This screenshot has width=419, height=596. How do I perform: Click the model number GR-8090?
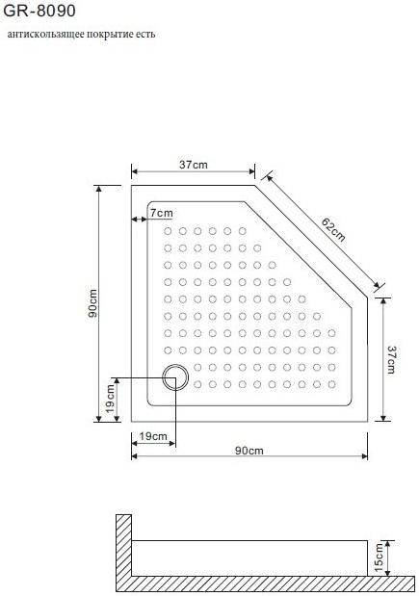tap(35, 11)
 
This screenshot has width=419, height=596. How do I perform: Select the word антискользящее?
tap(46, 34)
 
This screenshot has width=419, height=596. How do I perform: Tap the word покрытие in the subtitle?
tap(112, 34)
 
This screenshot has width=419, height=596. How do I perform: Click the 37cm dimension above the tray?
tap(193, 165)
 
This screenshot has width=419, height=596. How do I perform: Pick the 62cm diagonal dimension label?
tap(332, 231)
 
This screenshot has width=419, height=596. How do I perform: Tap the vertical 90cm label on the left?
tap(92, 303)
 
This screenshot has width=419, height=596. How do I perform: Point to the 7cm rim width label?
tap(162, 212)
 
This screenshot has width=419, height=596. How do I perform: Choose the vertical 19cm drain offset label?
tap(111, 399)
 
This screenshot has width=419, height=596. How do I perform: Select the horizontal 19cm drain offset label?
tap(153, 436)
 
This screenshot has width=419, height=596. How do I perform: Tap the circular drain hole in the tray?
tap(175, 377)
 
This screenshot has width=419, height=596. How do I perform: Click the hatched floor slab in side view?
tap(260, 583)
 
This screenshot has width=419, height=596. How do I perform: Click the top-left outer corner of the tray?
tap(132, 186)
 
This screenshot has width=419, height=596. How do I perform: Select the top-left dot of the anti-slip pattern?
tap(167, 231)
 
